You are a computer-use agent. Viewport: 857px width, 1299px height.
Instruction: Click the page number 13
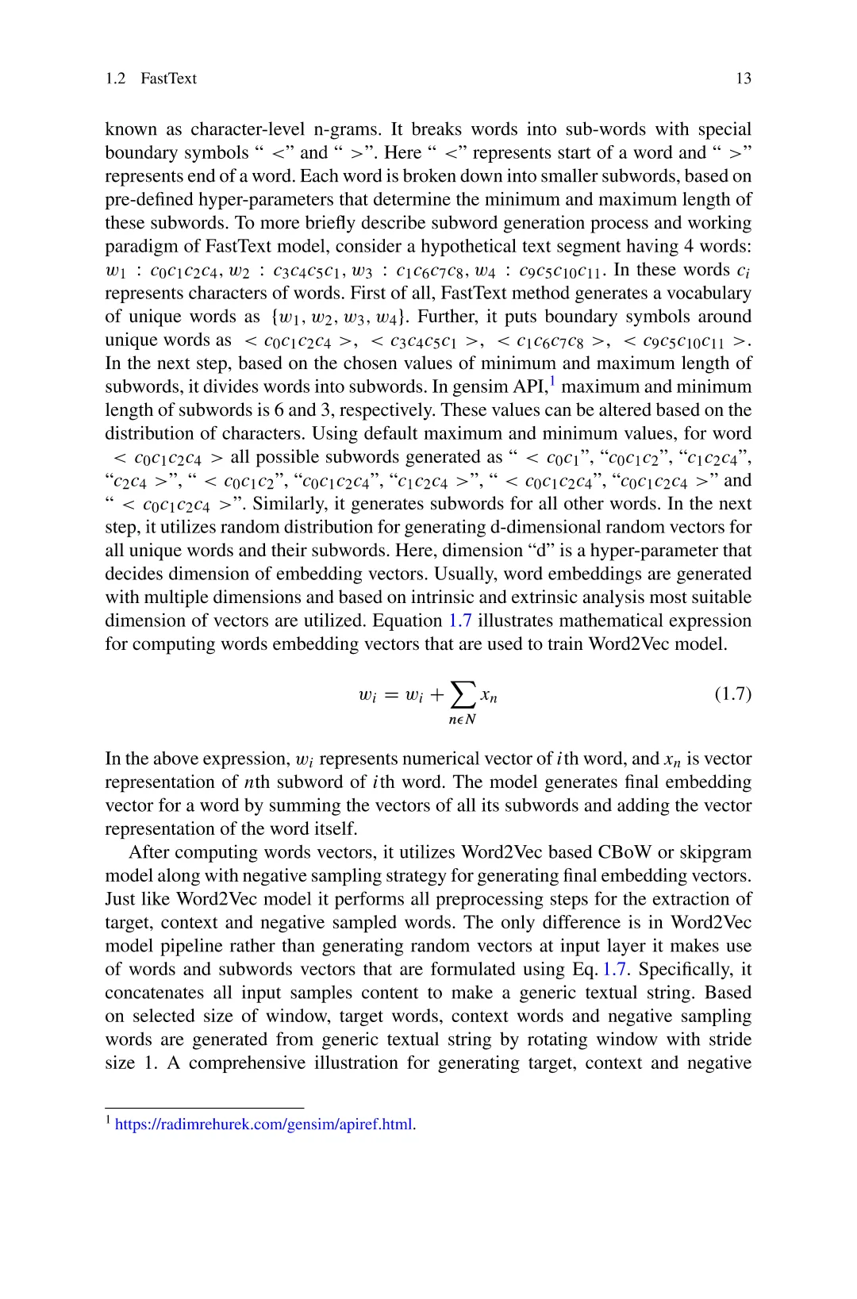tap(743, 79)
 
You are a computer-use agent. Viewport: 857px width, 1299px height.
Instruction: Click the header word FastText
tap(168, 79)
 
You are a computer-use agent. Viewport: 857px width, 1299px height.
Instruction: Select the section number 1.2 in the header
tap(115, 79)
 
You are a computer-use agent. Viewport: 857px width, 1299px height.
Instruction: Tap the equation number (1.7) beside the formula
tap(732, 694)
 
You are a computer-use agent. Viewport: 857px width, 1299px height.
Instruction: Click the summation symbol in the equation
tap(463, 694)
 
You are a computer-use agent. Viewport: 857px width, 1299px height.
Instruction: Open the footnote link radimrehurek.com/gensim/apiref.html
tap(263, 1124)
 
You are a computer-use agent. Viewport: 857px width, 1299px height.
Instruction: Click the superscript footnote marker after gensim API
tap(553, 381)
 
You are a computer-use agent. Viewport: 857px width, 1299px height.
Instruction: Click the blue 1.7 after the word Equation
tap(460, 621)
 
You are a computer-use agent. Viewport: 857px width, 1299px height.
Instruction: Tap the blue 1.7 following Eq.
tap(614, 969)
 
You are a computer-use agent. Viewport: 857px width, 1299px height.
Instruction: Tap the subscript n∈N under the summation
tap(462, 720)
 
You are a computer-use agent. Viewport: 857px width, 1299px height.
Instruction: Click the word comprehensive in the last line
tap(247, 1063)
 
